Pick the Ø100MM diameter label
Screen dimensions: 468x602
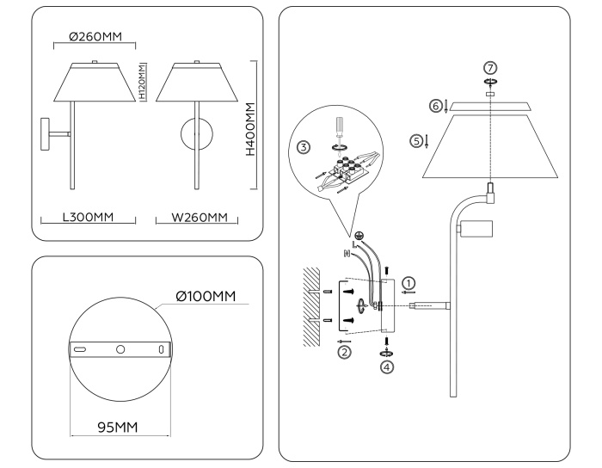(x=206, y=297)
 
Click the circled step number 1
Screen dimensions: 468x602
(x=409, y=281)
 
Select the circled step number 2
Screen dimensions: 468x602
(x=345, y=352)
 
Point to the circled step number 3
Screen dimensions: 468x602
(x=304, y=147)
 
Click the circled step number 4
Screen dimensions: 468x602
(x=387, y=366)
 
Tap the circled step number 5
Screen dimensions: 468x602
(x=417, y=140)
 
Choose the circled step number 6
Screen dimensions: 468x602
(x=436, y=106)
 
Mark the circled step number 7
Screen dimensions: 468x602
(x=490, y=68)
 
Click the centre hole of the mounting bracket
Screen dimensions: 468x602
(x=120, y=350)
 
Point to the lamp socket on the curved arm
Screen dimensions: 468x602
(x=476, y=230)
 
